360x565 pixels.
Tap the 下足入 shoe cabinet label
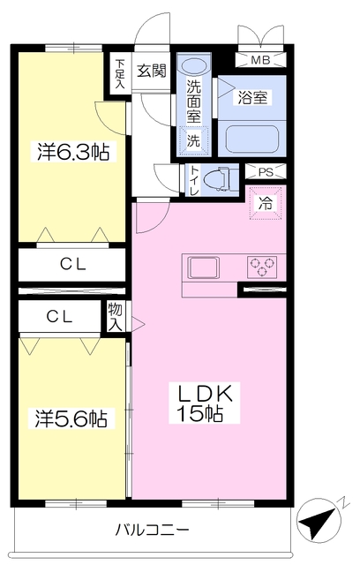pos(120,71)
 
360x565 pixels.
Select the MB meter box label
pos(261,60)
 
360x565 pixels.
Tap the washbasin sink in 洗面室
pos(193,66)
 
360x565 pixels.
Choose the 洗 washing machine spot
pos(193,139)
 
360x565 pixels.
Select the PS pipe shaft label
pos(265,172)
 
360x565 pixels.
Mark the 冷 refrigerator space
pos(265,202)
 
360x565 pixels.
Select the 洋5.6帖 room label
pos(71,418)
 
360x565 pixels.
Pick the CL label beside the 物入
pos(59,316)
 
